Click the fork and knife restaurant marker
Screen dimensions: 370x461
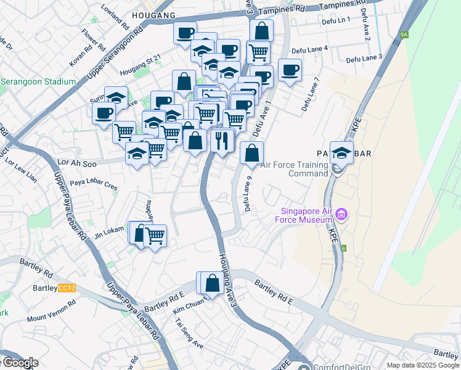tap(222, 141)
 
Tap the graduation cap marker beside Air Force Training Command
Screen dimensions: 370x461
tap(341, 152)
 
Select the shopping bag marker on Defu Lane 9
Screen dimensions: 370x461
tap(251, 153)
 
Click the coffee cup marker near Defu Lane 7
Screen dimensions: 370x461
tap(290, 70)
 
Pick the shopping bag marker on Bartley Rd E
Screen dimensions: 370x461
tap(212, 283)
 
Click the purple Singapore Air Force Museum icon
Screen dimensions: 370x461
tap(342, 215)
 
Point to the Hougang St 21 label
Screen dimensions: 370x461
tap(141, 58)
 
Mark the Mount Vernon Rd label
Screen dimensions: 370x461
tap(51, 311)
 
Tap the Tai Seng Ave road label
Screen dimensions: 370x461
tap(189, 334)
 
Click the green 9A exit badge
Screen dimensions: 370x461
tap(404, 35)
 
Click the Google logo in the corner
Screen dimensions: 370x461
tap(20, 363)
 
